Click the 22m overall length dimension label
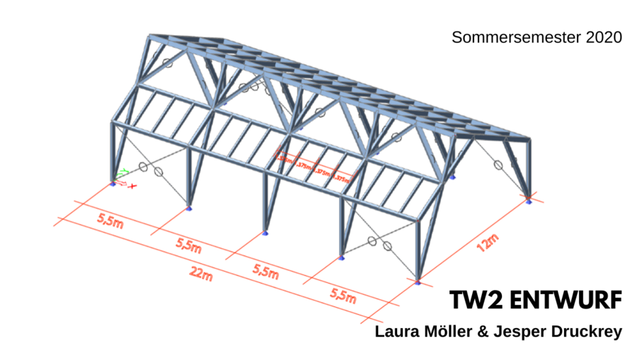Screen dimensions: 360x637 click(202, 276)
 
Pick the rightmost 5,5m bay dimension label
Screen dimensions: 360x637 click(343, 296)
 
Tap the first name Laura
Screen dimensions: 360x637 click(397, 330)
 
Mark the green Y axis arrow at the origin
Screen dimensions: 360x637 click(123, 171)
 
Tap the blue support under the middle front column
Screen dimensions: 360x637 click(265, 233)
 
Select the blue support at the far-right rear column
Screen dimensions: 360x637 click(529, 200)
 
